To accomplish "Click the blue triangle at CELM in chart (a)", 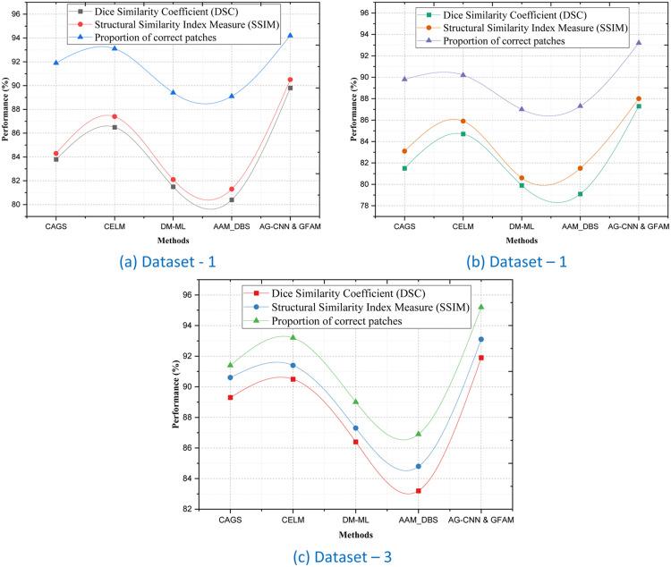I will click(115, 48).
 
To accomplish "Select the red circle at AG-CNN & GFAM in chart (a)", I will click(290, 80).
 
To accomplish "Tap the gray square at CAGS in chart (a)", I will click(56, 159).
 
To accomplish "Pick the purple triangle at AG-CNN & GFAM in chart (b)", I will click(639, 42).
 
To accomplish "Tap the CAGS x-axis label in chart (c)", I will click(230, 520).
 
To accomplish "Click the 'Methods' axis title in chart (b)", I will click(520, 240).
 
